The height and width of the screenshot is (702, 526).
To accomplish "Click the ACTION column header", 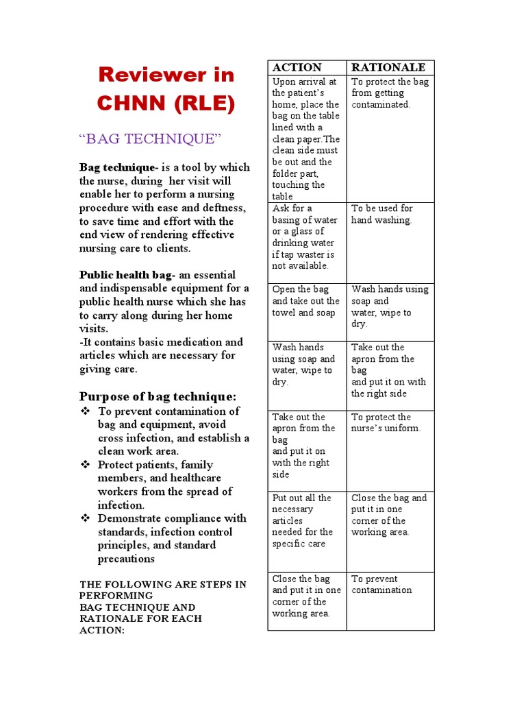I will pos(297,67).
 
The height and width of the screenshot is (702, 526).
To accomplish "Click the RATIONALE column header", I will pos(388,67).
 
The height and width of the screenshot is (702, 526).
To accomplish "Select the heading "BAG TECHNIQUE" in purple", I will pos(151,139).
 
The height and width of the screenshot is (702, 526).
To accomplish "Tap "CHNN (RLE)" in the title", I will pos(166,104).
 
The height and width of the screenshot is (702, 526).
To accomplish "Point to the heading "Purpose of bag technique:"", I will pos(158,396).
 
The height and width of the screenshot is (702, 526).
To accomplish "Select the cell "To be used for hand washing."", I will pos(382,214).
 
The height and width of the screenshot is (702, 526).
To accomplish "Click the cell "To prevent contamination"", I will pos(381,584).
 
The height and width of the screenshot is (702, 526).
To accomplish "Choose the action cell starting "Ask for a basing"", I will pos(305,237).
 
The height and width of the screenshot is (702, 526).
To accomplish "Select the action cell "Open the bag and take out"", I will pos(305,301).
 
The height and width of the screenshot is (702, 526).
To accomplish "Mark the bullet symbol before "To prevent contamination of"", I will pos(86,411).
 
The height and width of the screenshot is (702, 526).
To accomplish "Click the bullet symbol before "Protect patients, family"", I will pos(86,465).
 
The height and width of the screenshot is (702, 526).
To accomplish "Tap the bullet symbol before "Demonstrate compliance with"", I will pos(86,518).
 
